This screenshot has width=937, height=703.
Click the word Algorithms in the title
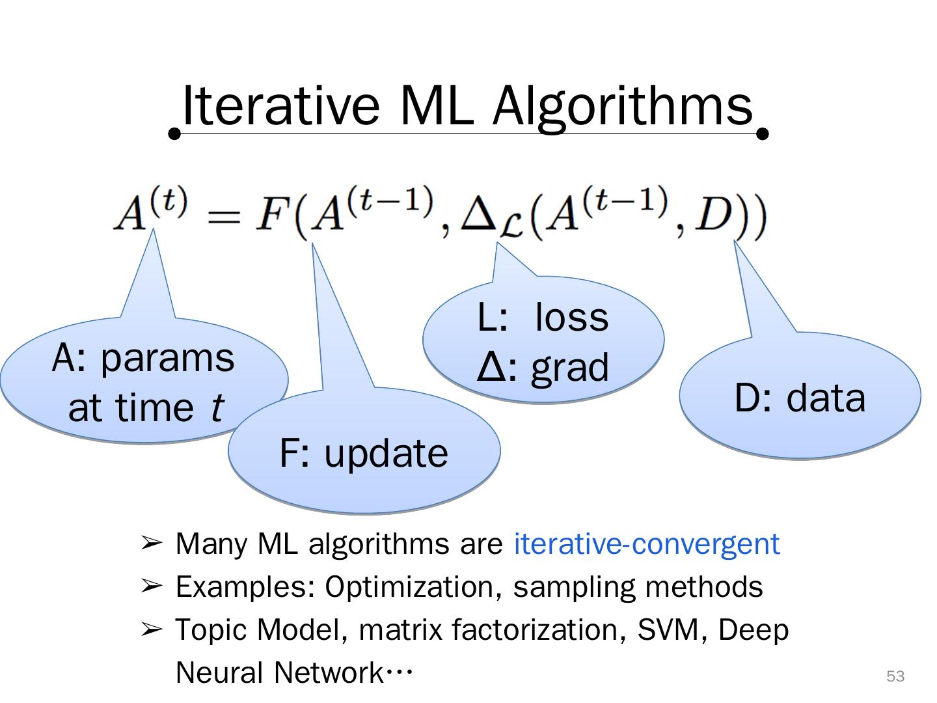pos(623,107)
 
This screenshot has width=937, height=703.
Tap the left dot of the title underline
pos(174,134)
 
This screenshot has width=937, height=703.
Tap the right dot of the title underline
pos(763,134)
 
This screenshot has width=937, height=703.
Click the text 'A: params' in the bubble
pos(143,358)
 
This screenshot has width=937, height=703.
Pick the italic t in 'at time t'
pos(217,408)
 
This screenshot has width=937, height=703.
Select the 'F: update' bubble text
pos(364,453)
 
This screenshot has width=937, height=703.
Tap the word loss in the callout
pos(572,318)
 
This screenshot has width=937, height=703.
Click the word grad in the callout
pos(570,368)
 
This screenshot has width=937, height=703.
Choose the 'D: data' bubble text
pos(800,398)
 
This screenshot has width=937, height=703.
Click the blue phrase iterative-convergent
pos(647,544)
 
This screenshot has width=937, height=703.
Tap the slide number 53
pos(895,676)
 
